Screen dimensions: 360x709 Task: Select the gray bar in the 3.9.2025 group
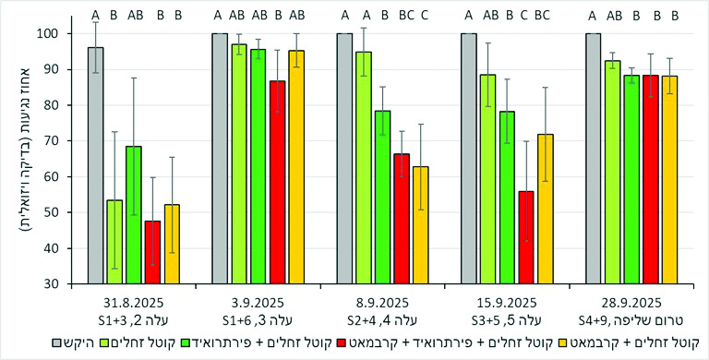(220, 158)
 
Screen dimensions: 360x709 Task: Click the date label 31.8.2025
(127, 302)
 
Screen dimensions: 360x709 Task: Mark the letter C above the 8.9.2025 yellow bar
(424, 15)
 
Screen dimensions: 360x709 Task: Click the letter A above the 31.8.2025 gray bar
(95, 15)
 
